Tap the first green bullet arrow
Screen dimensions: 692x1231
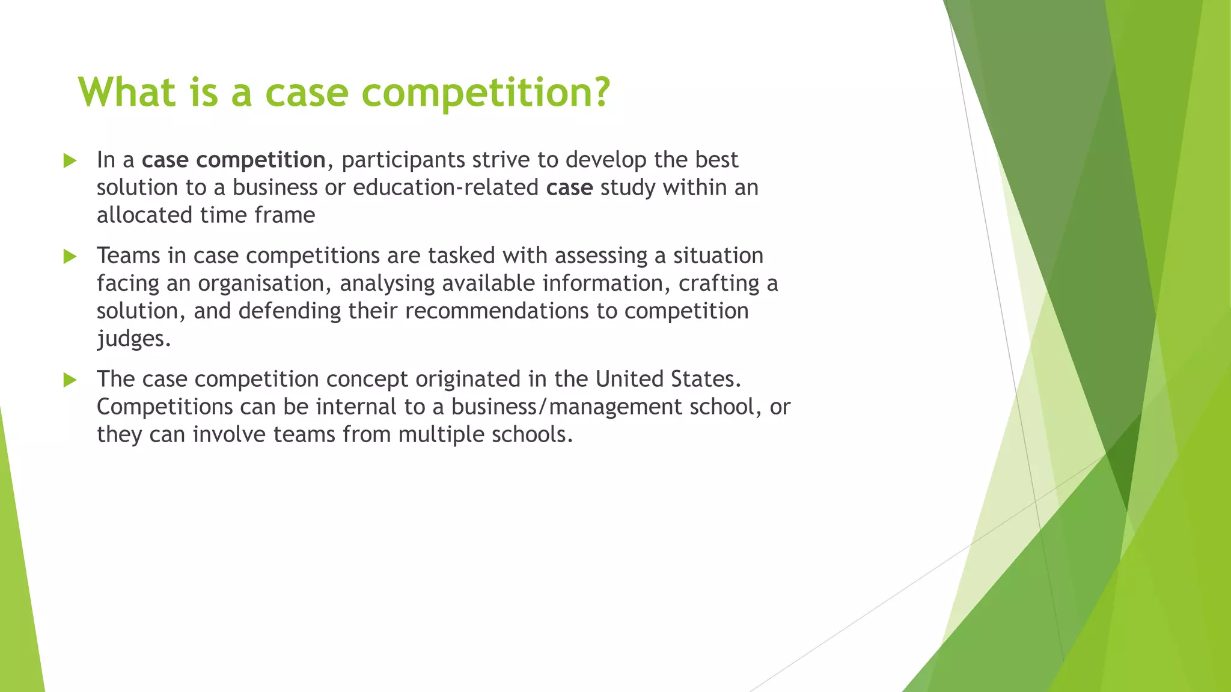(x=70, y=160)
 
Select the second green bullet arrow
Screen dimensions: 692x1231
(x=70, y=256)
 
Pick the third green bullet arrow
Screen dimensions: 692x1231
(x=70, y=380)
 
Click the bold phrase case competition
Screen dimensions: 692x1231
(x=233, y=160)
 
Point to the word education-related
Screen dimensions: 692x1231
(x=445, y=187)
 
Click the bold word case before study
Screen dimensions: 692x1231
(x=569, y=187)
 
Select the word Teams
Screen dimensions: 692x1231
(x=128, y=256)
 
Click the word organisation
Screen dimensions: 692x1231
(x=264, y=284)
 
